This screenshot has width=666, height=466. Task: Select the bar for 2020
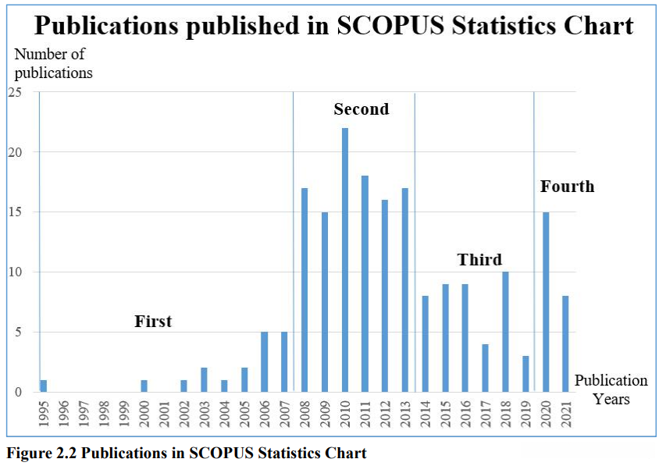(x=546, y=302)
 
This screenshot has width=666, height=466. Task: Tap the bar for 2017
(x=486, y=368)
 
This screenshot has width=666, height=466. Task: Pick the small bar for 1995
(x=44, y=386)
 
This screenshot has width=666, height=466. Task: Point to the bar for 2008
(x=305, y=290)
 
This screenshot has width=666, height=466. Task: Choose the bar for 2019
(x=526, y=374)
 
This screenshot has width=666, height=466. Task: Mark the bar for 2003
(x=204, y=380)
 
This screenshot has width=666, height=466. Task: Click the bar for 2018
(x=506, y=332)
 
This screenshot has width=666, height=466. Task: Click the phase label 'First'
(x=153, y=322)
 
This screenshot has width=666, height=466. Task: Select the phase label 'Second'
(x=361, y=109)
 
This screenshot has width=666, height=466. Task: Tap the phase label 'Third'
(x=479, y=260)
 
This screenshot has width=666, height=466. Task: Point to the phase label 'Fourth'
(x=567, y=187)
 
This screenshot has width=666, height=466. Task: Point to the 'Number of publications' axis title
(x=53, y=64)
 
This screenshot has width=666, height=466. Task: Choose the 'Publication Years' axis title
(x=611, y=390)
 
